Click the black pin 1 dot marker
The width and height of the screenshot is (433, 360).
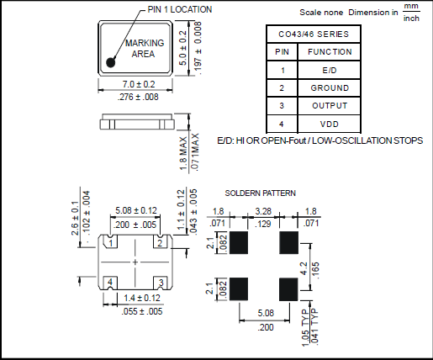pyautogui.click(x=111, y=62)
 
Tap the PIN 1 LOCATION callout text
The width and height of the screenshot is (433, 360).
pyautogui.click(x=180, y=9)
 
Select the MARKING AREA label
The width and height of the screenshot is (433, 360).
pyautogui.click(x=144, y=48)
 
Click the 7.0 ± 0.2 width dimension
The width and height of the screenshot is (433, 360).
pyautogui.click(x=139, y=84)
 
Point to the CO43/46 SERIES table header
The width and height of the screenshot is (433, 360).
pyautogui.click(x=314, y=34)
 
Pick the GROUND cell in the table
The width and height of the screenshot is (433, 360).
pyautogui.click(x=330, y=88)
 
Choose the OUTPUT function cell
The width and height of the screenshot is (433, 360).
pyautogui.click(x=330, y=106)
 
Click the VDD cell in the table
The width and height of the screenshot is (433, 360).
pyautogui.click(x=330, y=124)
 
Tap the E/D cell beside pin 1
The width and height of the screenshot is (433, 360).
pyautogui.click(x=330, y=70)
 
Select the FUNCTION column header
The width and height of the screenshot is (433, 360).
pyautogui.click(x=330, y=52)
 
